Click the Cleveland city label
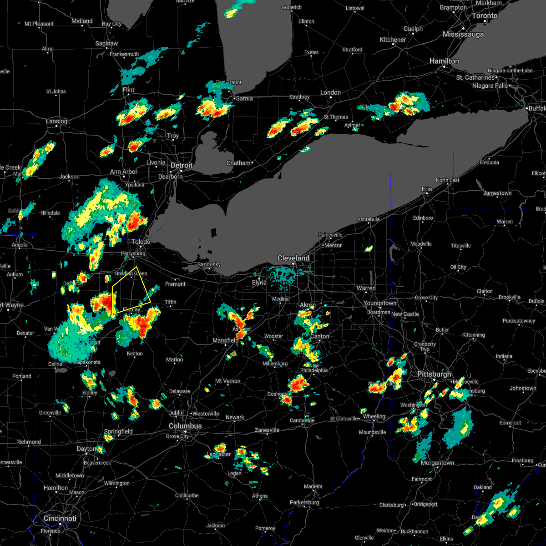(x=293, y=258)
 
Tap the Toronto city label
(x=484, y=15)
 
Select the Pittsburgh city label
(x=434, y=374)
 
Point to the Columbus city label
(x=185, y=426)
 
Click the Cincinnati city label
(x=60, y=518)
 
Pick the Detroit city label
(x=182, y=165)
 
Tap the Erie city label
(x=427, y=189)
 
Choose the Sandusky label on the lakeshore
(x=209, y=264)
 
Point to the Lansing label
(x=56, y=121)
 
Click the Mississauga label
(x=463, y=34)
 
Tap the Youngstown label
(x=380, y=303)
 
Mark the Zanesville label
(x=267, y=430)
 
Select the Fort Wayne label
(x=9, y=305)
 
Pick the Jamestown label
(x=497, y=193)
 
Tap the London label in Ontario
(x=330, y=92)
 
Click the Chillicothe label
(x=187, y=495)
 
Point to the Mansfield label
(x=226, y=340)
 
